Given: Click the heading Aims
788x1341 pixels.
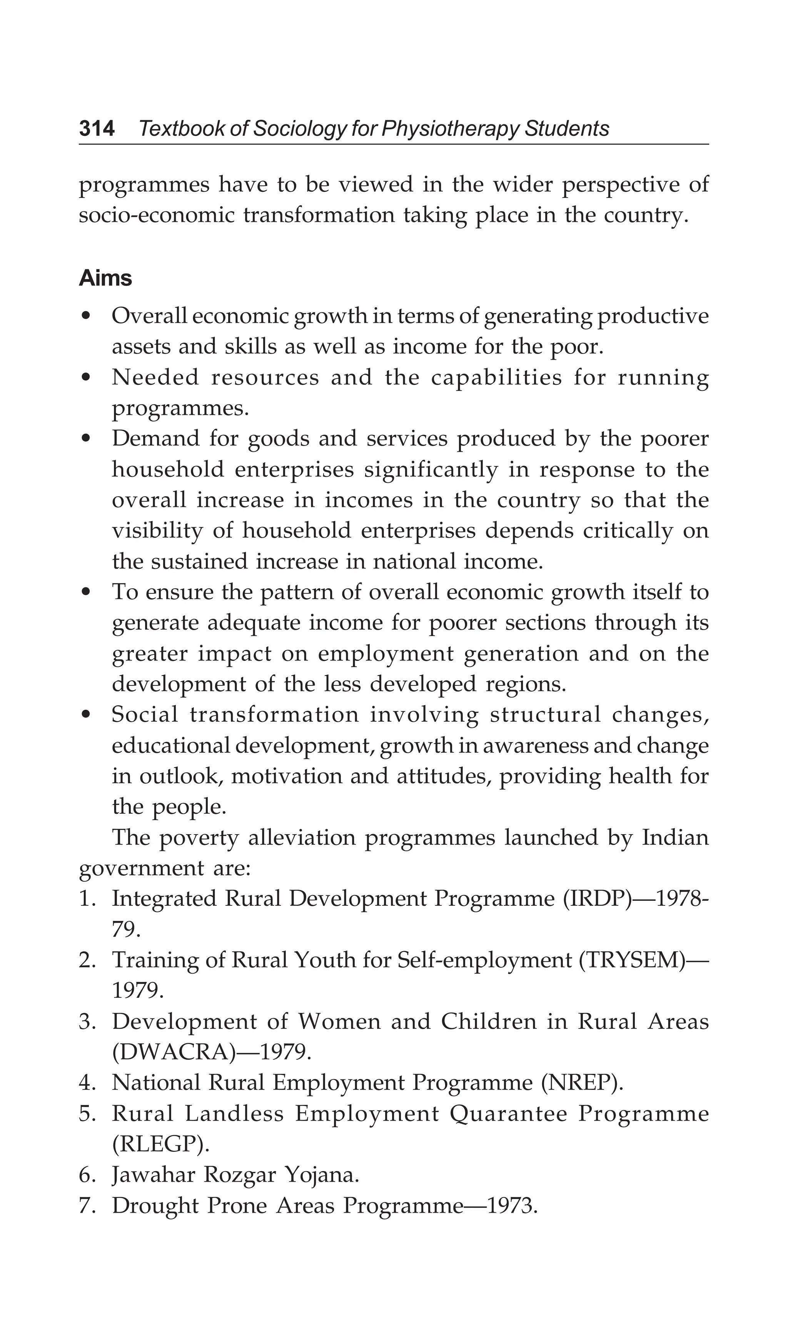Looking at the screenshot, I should point(105,278).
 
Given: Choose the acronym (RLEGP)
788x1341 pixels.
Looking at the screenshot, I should point(160,1144).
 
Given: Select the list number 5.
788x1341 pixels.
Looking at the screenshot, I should point(86,1114).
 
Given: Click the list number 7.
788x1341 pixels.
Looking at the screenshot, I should point(86,1205).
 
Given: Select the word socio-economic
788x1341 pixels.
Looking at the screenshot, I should point(156,216).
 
